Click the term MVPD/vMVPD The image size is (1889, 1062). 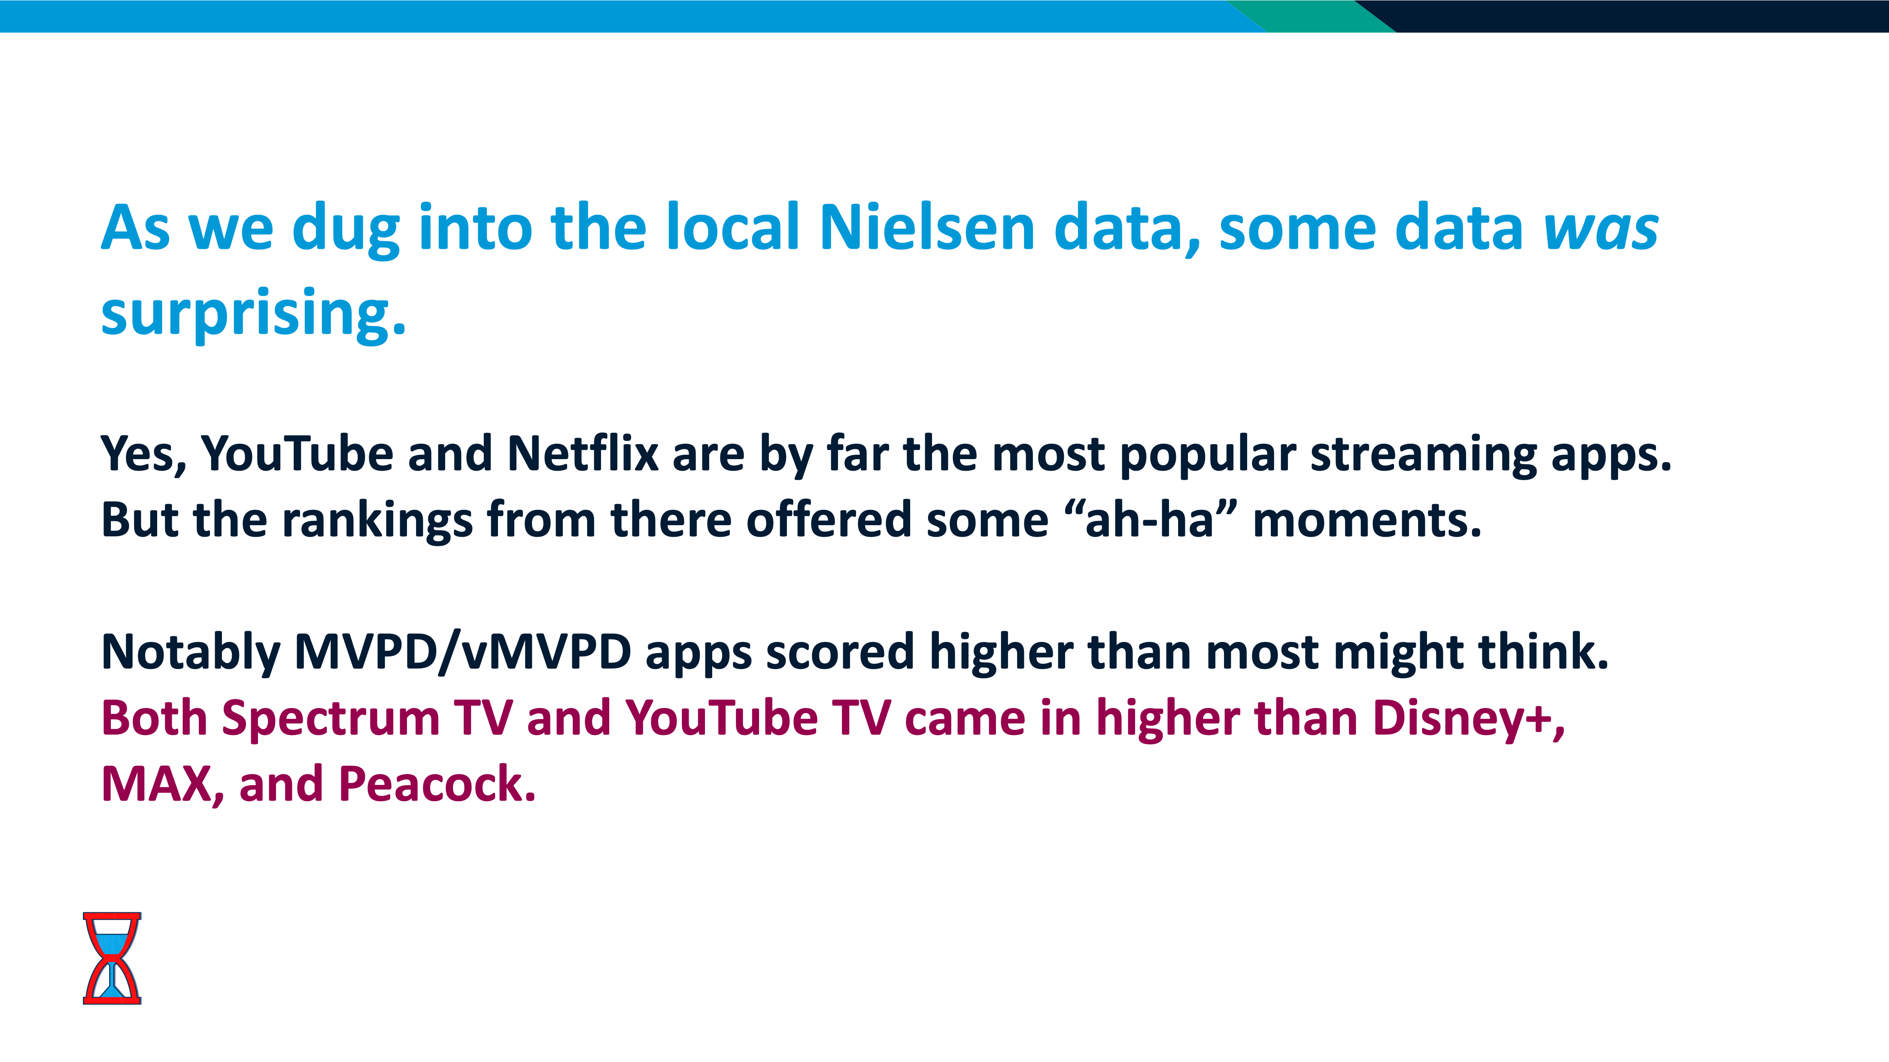pyautogui.click(x=463, y=651)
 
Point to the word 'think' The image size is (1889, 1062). pyautogui.click(x=1543, y=651)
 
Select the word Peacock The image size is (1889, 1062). pyautogui.click(x=437, y=784)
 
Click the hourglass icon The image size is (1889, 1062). pyautogui.click(x=112, y=958)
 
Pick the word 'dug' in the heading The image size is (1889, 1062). pyautogui.click(x=346, y=230)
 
